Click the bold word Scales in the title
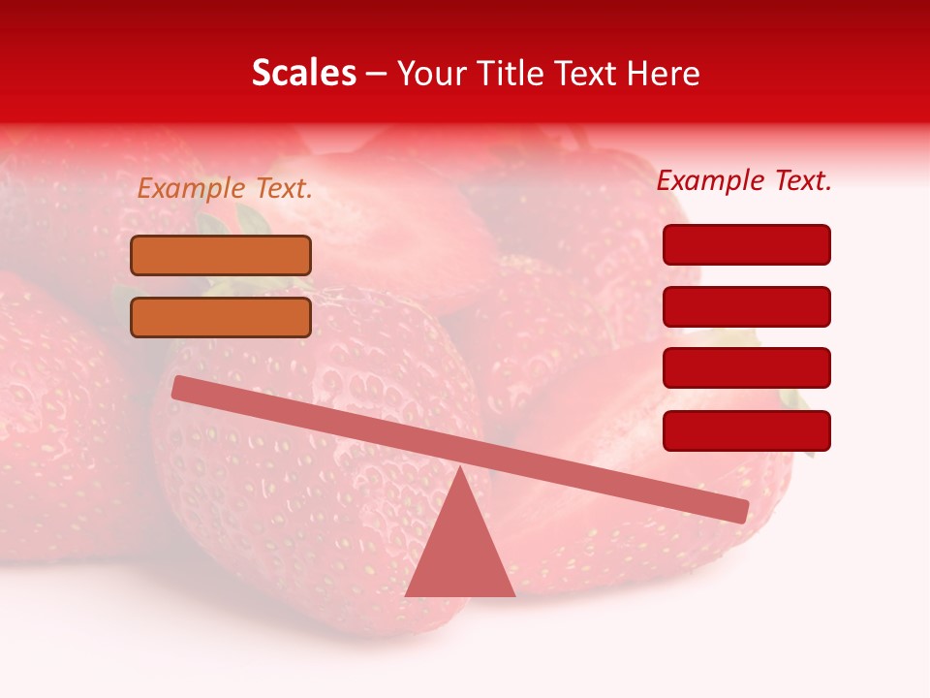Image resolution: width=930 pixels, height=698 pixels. [x=303, y=73]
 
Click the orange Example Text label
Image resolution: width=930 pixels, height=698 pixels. [x=225, y=189]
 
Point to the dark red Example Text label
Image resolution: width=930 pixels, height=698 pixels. [x=744, y=180]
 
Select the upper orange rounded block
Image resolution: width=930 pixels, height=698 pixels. [x=221, y=255]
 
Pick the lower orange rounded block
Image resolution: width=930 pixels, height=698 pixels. [x=221, y=317]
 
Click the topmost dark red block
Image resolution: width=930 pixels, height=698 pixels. [x=746, y=244]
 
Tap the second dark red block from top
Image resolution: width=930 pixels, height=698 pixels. [x=746, y=306]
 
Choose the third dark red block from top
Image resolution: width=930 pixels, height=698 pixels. [x=746, y=368]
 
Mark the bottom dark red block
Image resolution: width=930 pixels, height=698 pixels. [x=746, y=430]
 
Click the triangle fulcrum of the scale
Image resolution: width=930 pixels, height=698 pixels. [x=460, y=553]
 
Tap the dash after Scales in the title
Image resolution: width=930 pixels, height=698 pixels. [x=377, y=74]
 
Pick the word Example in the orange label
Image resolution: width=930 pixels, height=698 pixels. [x=190, y=189]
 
